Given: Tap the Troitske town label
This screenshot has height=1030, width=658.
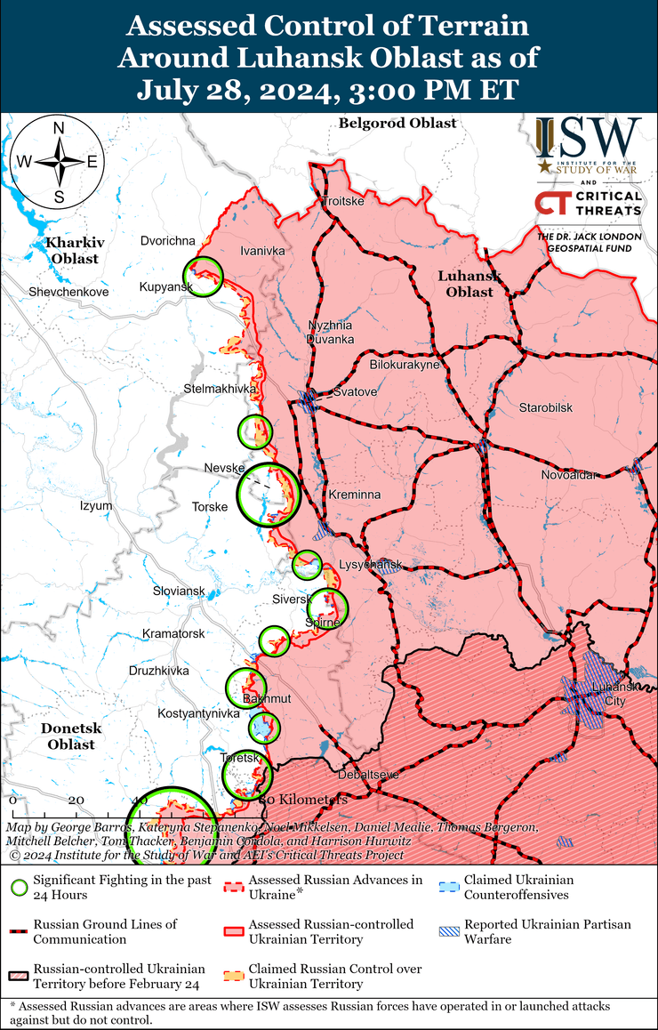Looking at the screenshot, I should click(x=343, y=201).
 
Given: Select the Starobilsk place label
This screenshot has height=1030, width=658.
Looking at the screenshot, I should click(x=546, y=407).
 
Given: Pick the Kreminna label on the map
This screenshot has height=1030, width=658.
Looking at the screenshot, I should click(x=354, y=494).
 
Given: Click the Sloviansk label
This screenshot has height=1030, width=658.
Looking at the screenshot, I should click(x=179, y=591).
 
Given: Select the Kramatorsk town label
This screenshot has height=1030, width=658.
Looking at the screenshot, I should click(x=173, y=633).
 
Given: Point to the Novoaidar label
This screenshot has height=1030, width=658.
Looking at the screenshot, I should click(x=569, y=476).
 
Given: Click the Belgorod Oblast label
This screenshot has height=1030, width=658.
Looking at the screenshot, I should click(x=397, y=124).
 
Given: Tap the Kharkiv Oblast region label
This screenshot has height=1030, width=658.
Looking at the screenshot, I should click(x=75, y=250).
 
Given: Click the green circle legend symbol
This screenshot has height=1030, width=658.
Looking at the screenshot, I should click(x=17, y=888).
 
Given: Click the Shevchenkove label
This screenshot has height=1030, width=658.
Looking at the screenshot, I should click(x=68, y=292).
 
